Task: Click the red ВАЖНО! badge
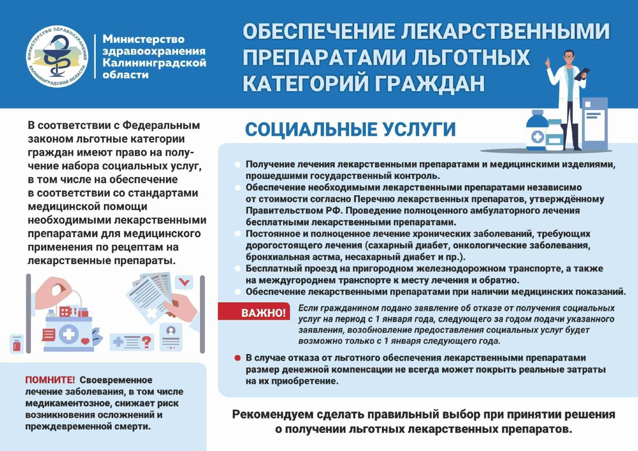pyautogui.click(x=263, y=312)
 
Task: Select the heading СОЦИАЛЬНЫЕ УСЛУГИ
pyautogui.click(x=350, y=130)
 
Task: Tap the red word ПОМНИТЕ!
pyautogui.click(x=50, y=380)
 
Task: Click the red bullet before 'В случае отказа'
pyautogui.click(x=237, y=358)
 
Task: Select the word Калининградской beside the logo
pyautogui.click(x=154, y=63)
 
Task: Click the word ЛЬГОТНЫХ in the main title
pyautogui.click(x=470, y=57)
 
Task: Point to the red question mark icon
pyautogui.click(x=146, y=342)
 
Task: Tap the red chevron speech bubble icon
pyautogui.click(x=184, y=283)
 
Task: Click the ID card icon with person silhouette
pyautogui.click(x=171, y=337)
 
